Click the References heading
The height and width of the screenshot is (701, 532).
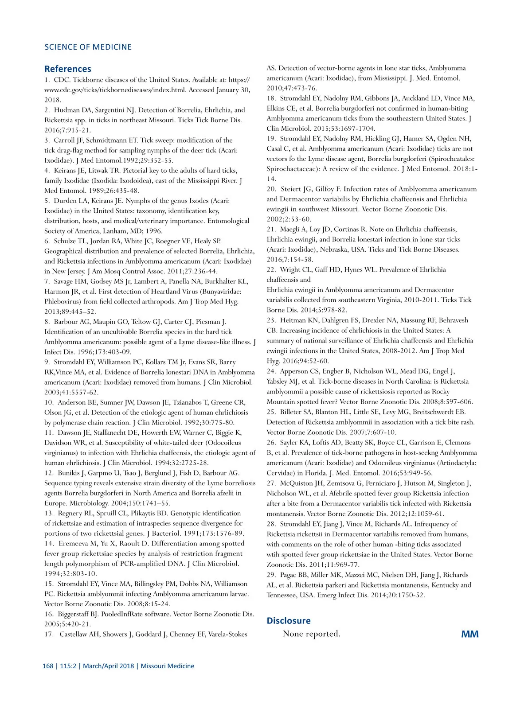click(67, 69)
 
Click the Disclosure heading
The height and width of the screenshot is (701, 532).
click(288, 620)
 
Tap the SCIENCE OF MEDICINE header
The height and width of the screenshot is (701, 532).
click(88, 47)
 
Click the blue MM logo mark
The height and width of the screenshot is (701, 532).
click(469, 634)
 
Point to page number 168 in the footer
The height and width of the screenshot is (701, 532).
click(48, 666)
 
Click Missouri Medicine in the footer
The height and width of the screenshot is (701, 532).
click(167, 666)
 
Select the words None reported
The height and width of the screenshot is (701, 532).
click(311, 634)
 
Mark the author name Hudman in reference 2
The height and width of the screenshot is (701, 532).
click(67, 110)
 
